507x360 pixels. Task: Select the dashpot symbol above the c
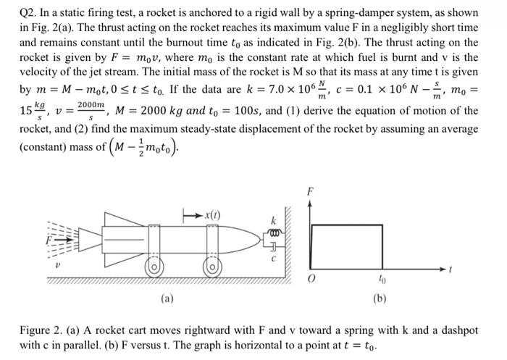[274, 247]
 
